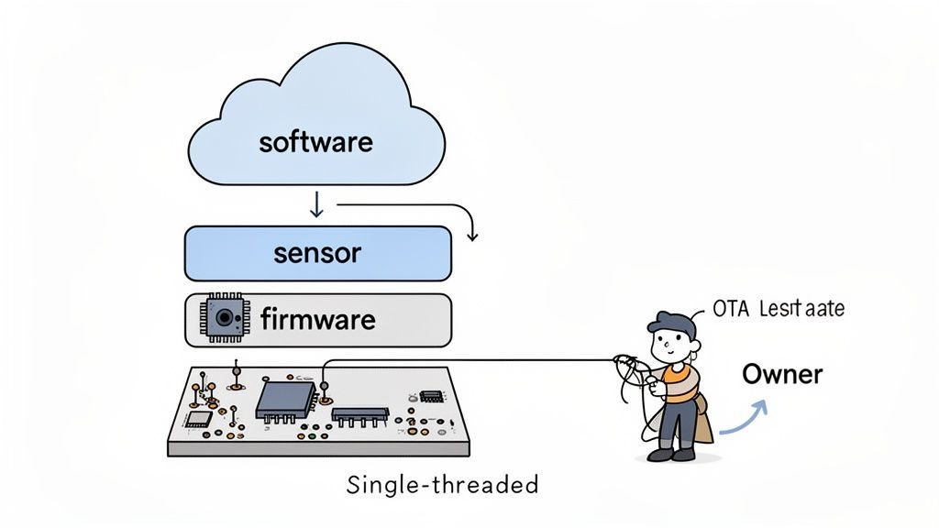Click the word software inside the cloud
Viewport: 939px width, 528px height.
315,143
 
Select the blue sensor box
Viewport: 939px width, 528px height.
317,253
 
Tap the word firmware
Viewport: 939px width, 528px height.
317,320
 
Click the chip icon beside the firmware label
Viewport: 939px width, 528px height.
222,319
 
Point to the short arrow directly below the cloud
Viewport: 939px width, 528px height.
316,204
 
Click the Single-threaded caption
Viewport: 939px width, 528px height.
442,485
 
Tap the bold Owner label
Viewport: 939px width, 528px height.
781,374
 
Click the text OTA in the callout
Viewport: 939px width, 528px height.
730,310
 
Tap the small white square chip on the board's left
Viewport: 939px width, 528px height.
198,418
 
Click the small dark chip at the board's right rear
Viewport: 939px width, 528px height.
431,395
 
